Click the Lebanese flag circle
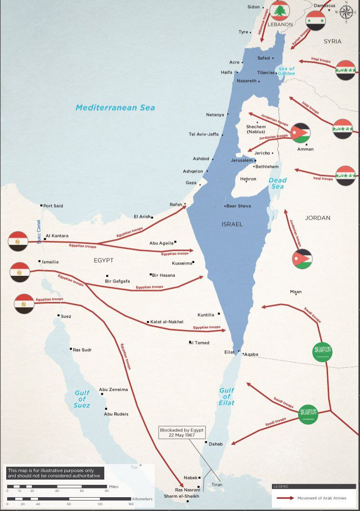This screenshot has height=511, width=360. pyautogui.click(x=280, y=10)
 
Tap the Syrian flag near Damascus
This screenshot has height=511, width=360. pyautogui.click(x=316, y=20)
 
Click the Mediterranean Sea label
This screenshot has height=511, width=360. pyautogui.click(x=115, y=108)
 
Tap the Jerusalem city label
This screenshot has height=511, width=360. pyautogui.click(x=242, y=160)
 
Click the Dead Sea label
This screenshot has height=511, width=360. pyautogui.click(x=277, y=183)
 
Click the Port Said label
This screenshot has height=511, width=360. pyautogui.click(x=53, y=206)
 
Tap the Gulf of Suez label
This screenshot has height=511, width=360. pyautogui.click(x=82, y=399)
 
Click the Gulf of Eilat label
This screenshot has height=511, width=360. pyautogui.click(x=227, y=396)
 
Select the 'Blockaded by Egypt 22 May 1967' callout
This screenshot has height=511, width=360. pyautogui.click(x=182, y=432)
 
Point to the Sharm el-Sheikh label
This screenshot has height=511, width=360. pyautogui.click(x=181, y=496)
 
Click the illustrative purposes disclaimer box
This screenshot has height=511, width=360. pyautogui.click(x=54, y=472)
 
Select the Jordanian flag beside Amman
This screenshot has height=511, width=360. pyautogui.click(x=300, y=133)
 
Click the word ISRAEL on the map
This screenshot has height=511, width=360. pyautogui.click(x=232, y=224)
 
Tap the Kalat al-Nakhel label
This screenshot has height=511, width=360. pyautogui.click(x=166, y=322)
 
